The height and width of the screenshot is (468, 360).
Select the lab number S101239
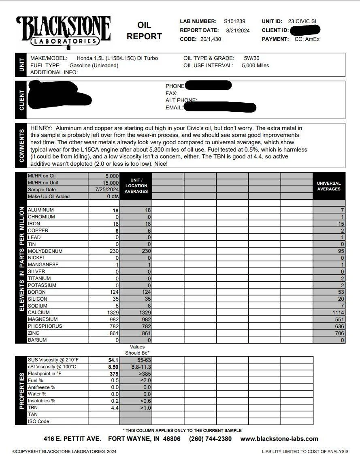(234, 21)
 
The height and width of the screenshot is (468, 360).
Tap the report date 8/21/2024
(238, 30)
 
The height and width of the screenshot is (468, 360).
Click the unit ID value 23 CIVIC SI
(302, 21)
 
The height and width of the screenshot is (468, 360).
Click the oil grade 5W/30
(251, 58)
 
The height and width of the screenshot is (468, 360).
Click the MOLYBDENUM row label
(45, 251)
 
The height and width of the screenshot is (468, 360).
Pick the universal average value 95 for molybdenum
(341, 251)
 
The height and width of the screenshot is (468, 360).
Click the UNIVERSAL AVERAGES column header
(329, 186)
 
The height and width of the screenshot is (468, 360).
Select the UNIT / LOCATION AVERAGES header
(136, 186)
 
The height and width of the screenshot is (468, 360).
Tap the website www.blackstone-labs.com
(279, 439)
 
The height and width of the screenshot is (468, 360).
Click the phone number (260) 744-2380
(210, 439)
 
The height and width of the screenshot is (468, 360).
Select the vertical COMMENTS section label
(21, 145)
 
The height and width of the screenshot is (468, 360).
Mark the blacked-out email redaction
(220, 108)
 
